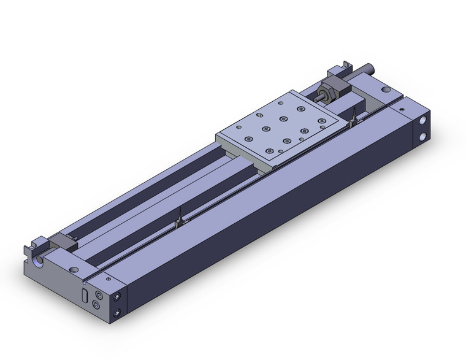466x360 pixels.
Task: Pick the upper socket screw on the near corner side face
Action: point(117,297)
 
